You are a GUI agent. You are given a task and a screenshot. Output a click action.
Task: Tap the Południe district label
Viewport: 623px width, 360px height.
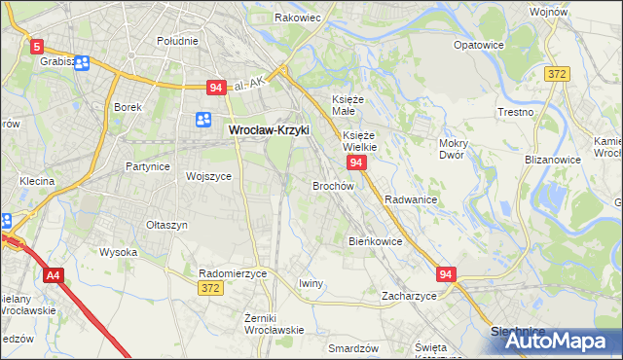pyautogui.click(x=177, y=41)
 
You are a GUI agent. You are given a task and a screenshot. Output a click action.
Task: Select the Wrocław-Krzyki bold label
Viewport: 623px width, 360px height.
pyautogui.click(x=269, y=127)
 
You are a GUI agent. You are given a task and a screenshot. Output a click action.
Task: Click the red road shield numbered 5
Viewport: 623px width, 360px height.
pyautogui.click(x=37, y=46)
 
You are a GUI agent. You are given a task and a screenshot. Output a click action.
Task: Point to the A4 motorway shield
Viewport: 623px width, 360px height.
pyautogui.click(x=53, y=276)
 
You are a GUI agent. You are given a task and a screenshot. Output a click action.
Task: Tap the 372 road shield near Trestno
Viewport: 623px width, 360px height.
pyautogui.click(x=558, y=75)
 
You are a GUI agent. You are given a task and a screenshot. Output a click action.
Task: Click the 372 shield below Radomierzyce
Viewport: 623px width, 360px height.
pyautogui.click(x=209, y=288)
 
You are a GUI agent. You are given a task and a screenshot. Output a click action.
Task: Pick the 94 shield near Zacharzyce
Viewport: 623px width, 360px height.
pyautogui.click(x=446, y=275)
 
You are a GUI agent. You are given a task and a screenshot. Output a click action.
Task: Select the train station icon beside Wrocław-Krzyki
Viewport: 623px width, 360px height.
pyautogui.click(x=203, y=120)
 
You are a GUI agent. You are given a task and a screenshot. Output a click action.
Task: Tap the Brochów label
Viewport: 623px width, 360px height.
pyautogui.click(x=332, y=185)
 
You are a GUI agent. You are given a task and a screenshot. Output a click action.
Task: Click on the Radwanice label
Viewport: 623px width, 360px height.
pyautogui.click(x=410, y=199)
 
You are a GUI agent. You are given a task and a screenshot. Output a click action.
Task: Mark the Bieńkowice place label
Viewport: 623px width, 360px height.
pyautogui.click(x=375, y=240)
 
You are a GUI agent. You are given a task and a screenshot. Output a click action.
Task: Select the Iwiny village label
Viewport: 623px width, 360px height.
pyautogui.click(x=311, y=283)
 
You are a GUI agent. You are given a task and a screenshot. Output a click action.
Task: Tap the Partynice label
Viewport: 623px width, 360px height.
pyautogui.click(x=148, y=166)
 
